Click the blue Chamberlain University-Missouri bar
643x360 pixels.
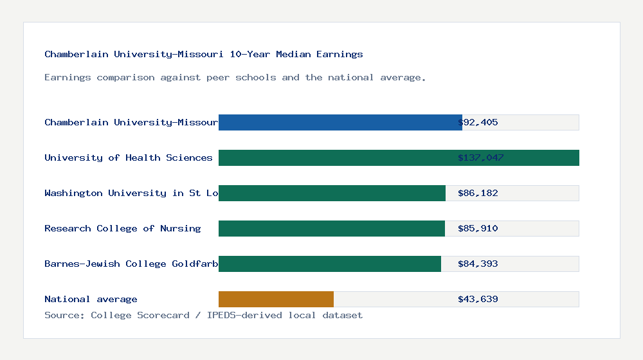tap(340, 122)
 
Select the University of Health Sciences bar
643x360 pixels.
tap(399, 157)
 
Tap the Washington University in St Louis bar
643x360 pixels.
tap(332, 193)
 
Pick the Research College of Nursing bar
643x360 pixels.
tap(332, 228)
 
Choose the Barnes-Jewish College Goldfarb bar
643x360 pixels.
tap(330, 264)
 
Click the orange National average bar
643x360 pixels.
tap(276, 299)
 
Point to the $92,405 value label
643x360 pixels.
tap(478, 122)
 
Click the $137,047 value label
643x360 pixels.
tap(480, 157)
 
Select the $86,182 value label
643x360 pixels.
tap(478, 193)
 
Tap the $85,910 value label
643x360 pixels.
tap(478, 228)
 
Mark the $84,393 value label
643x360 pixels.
tap(478, 264)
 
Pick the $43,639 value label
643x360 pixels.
tap(478, 299)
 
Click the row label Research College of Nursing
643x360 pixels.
tap(122, 228)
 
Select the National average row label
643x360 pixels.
tap(91, 299)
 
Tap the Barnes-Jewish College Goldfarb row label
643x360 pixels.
tap(131, 264)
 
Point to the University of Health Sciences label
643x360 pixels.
tap(128, 157)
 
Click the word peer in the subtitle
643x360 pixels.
tap(218, 77)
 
